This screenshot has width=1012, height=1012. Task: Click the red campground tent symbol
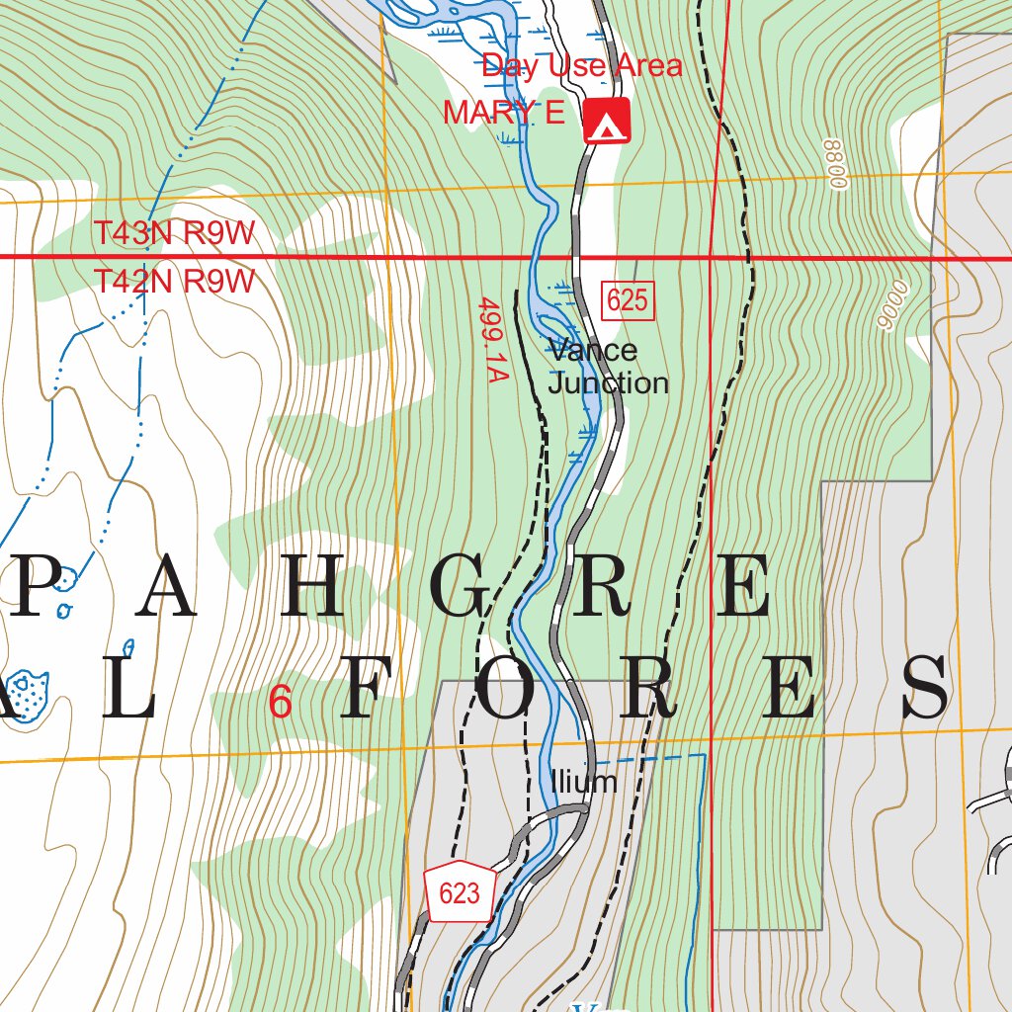coord(607,122)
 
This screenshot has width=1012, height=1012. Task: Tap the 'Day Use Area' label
coord(581,66)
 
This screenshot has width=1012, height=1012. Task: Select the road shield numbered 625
coord(628,299)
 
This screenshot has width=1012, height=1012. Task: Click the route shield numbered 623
coord(460,893)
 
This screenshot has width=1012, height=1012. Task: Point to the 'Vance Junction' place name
coord(607,367)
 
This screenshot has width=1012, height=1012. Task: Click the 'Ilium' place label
coord(584,782)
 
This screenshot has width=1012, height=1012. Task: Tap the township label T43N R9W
coord(175,234)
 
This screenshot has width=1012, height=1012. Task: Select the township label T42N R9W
coord(175,282)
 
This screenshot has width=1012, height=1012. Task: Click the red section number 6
coord(281,704)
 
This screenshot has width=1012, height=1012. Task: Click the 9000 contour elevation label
coord(893,304)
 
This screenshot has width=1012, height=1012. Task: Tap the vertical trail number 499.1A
coord(491,340)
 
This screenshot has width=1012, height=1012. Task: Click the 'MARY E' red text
coord(503,114)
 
